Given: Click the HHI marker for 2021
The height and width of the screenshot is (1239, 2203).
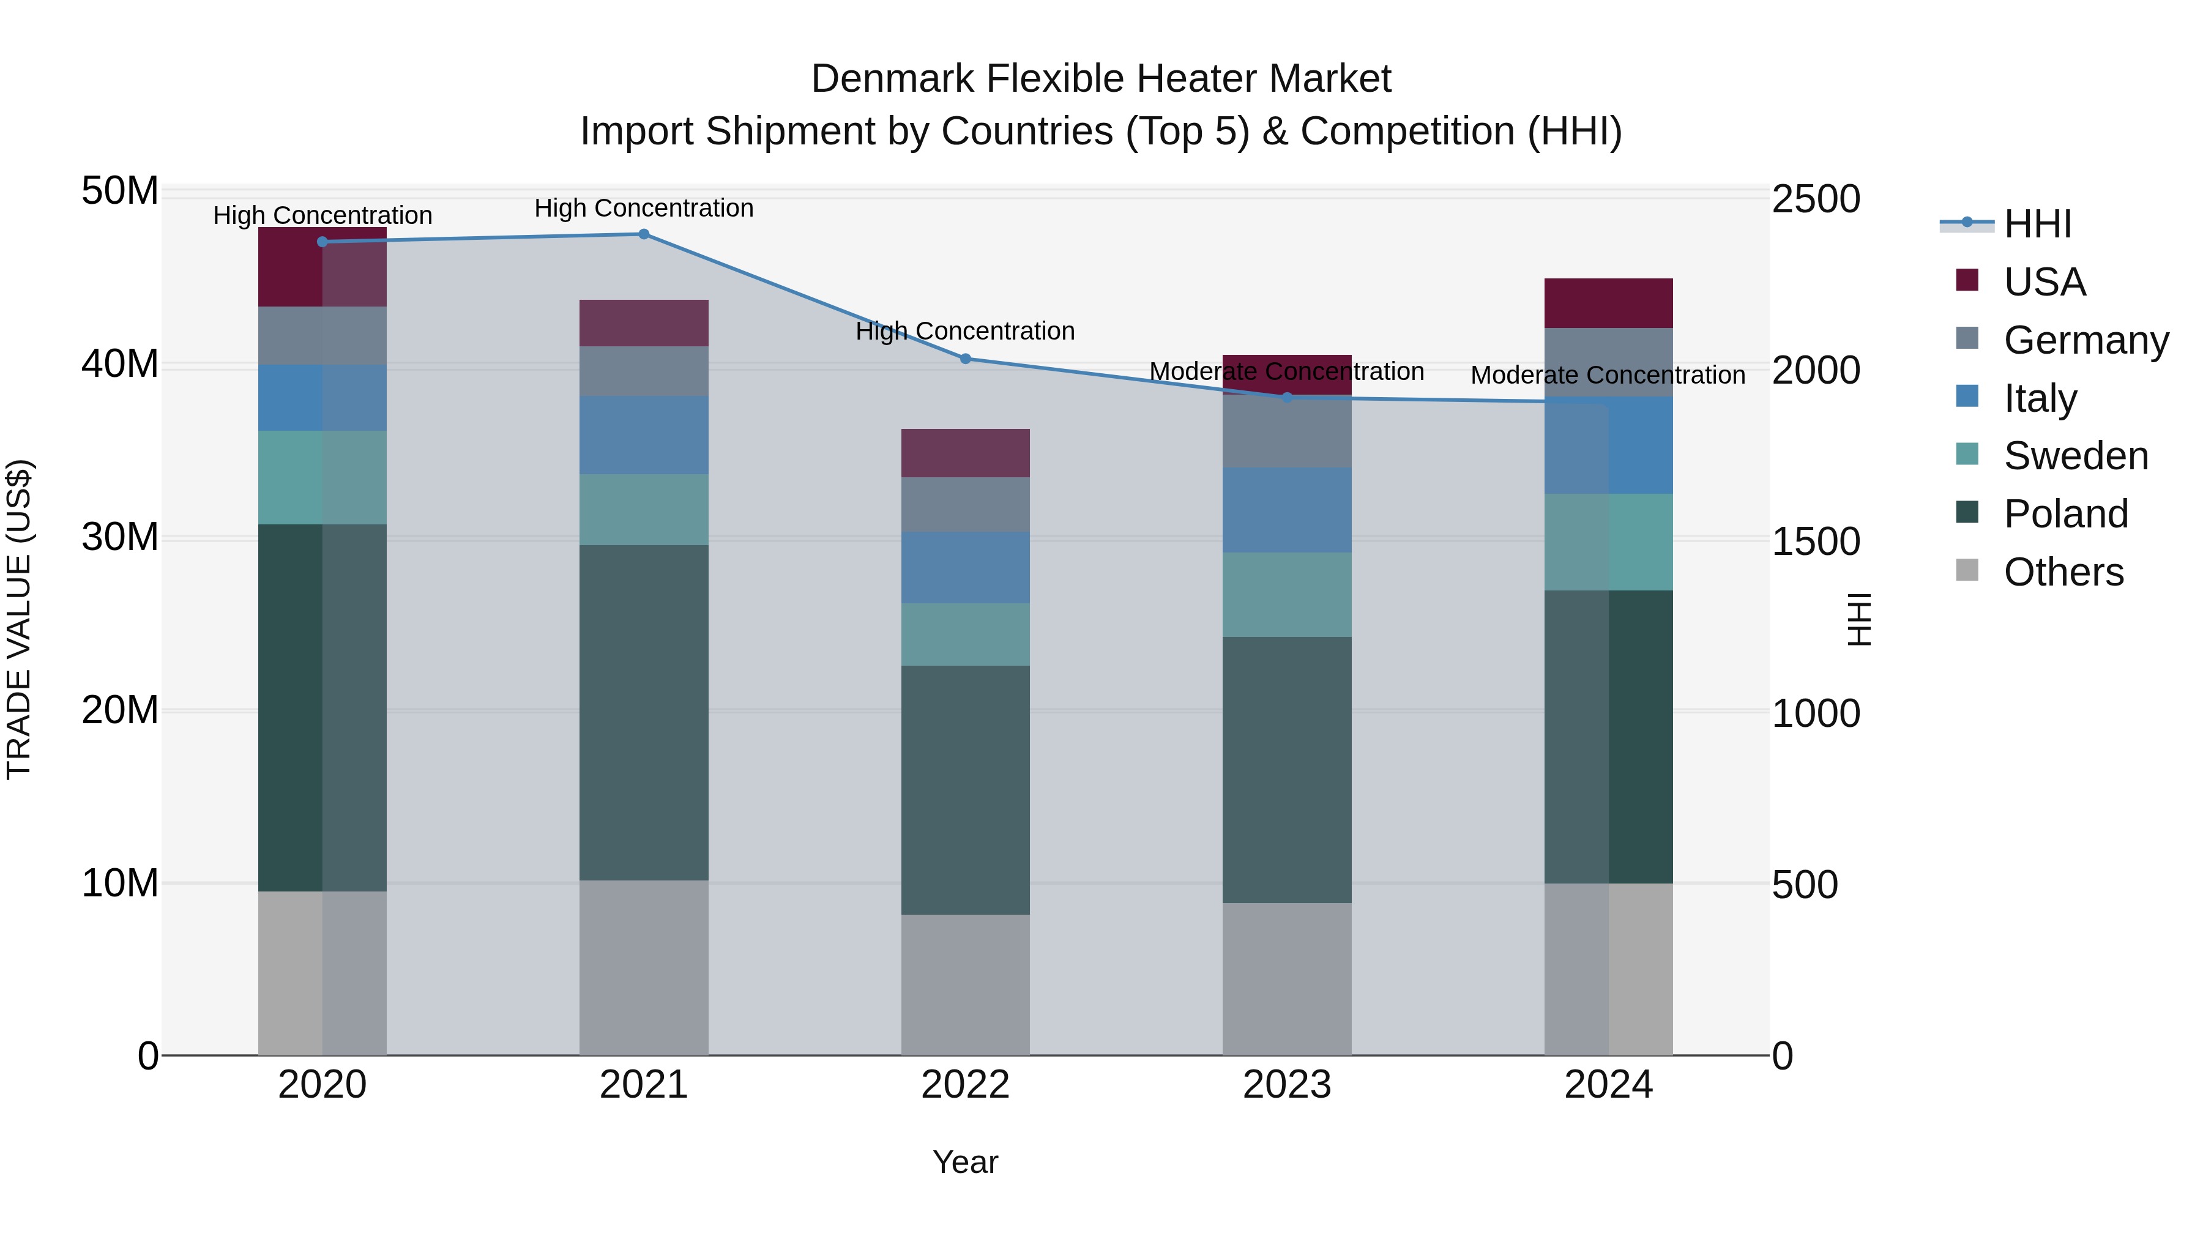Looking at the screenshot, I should click(x=644, y=234).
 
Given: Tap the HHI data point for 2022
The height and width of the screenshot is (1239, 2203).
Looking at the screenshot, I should click(x=966, y=359).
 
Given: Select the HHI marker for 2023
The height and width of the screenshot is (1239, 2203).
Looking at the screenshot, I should click(x=1287, y=398).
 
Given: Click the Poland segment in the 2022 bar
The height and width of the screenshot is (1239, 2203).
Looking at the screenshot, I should click(x=966, y=790).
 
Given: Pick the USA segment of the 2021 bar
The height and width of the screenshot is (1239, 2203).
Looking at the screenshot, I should click(x=644, y=323).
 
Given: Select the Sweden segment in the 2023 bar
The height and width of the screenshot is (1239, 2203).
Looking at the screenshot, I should click(x=1287, y=594).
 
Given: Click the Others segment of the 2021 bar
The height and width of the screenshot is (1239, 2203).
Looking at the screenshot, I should click(x=644, y=968).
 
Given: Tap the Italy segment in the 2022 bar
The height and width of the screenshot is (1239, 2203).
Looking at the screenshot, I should click(x=966, y=568).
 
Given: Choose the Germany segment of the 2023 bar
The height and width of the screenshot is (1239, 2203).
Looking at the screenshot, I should click(x=1287, y=433).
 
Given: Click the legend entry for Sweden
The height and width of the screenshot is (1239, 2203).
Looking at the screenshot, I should click(x=2076, y=456).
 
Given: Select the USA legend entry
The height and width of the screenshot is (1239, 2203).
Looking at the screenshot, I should click(x=2044, y=282).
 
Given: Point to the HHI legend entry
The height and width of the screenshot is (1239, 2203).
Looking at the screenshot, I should click(x=2037, y=224).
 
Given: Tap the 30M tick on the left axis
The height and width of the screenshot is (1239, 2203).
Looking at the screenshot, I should click(x=120, y=537).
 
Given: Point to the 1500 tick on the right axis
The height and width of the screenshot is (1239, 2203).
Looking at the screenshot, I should click(x=1816, y=541).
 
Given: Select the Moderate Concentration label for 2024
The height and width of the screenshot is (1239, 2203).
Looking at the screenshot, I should click(x=1608, y=376).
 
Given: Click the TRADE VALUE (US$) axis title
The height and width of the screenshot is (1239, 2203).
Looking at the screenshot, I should click(x=19, y=619).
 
